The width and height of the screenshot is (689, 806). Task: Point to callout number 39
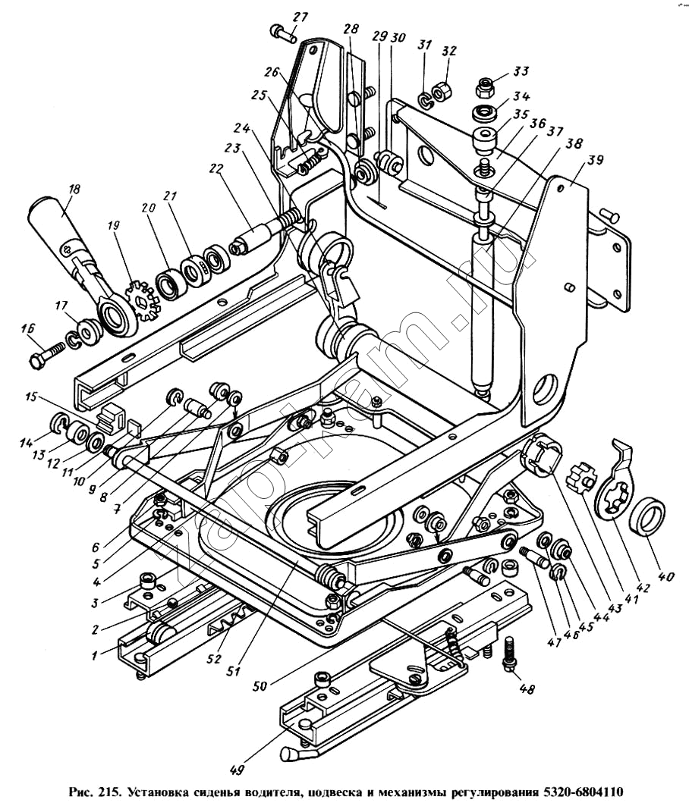pyautogui.click(x=595, y=161)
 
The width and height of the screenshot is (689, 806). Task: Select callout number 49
pyautogui.click(x=238, y=770)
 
